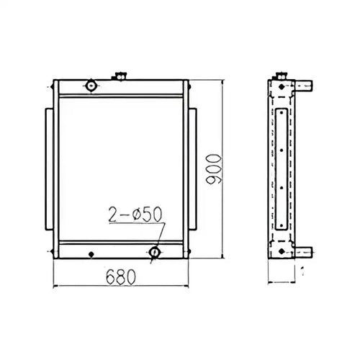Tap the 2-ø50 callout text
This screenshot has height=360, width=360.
pos(135,213)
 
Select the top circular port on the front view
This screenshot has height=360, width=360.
pos(91,86)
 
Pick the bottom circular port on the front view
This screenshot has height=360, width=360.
pos(155,253)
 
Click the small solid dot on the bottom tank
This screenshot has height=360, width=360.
pos(91,254)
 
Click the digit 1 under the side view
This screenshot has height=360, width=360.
pos(302,274)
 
